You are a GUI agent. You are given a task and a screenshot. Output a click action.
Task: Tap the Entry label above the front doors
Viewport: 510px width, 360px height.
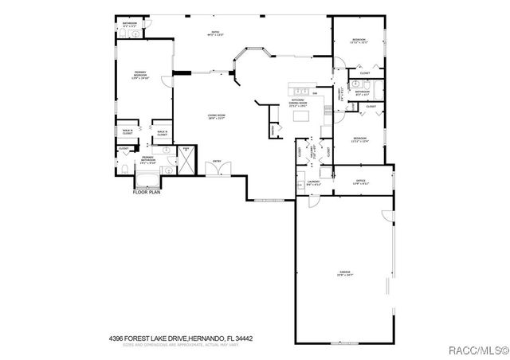pyautogui.click(x=216, y=162)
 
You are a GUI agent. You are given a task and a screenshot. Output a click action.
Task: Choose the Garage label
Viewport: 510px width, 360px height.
pyautogui.click(x=344, y=273)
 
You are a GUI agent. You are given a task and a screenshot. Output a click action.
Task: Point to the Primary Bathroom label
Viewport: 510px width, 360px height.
pyautogui.click(x=148, y=159)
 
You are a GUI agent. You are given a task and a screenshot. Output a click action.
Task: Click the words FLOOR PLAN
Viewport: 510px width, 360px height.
pyautogui.click(x=147, y=191)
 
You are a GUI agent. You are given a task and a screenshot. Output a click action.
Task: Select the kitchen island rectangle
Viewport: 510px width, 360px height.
pyautogui.click(x=301, y=117)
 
